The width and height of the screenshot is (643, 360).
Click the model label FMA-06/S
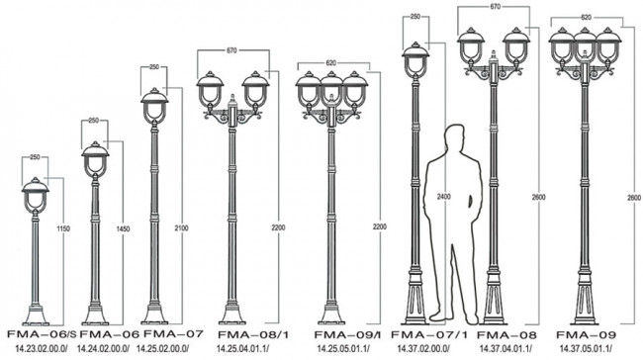point(42,334)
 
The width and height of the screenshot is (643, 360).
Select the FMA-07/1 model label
point(429,334)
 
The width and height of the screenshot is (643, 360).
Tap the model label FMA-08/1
point(253,334)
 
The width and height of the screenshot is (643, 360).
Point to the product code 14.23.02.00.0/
point(42,349)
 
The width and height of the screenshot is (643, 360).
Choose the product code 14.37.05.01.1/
point(586,349)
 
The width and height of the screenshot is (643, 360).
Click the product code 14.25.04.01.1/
point(242,349)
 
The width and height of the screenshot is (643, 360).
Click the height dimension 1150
point(63,228)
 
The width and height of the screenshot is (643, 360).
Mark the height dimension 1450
point(123,228)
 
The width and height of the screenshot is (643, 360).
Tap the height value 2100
point(181,228)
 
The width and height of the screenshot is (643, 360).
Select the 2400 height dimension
point(443,197)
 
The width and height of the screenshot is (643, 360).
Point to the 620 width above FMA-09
point(586,17)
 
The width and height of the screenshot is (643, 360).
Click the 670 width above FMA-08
point(495,7)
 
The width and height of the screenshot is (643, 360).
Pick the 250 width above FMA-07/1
point(415,17)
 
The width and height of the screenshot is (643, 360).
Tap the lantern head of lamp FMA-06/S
point(36,195)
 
